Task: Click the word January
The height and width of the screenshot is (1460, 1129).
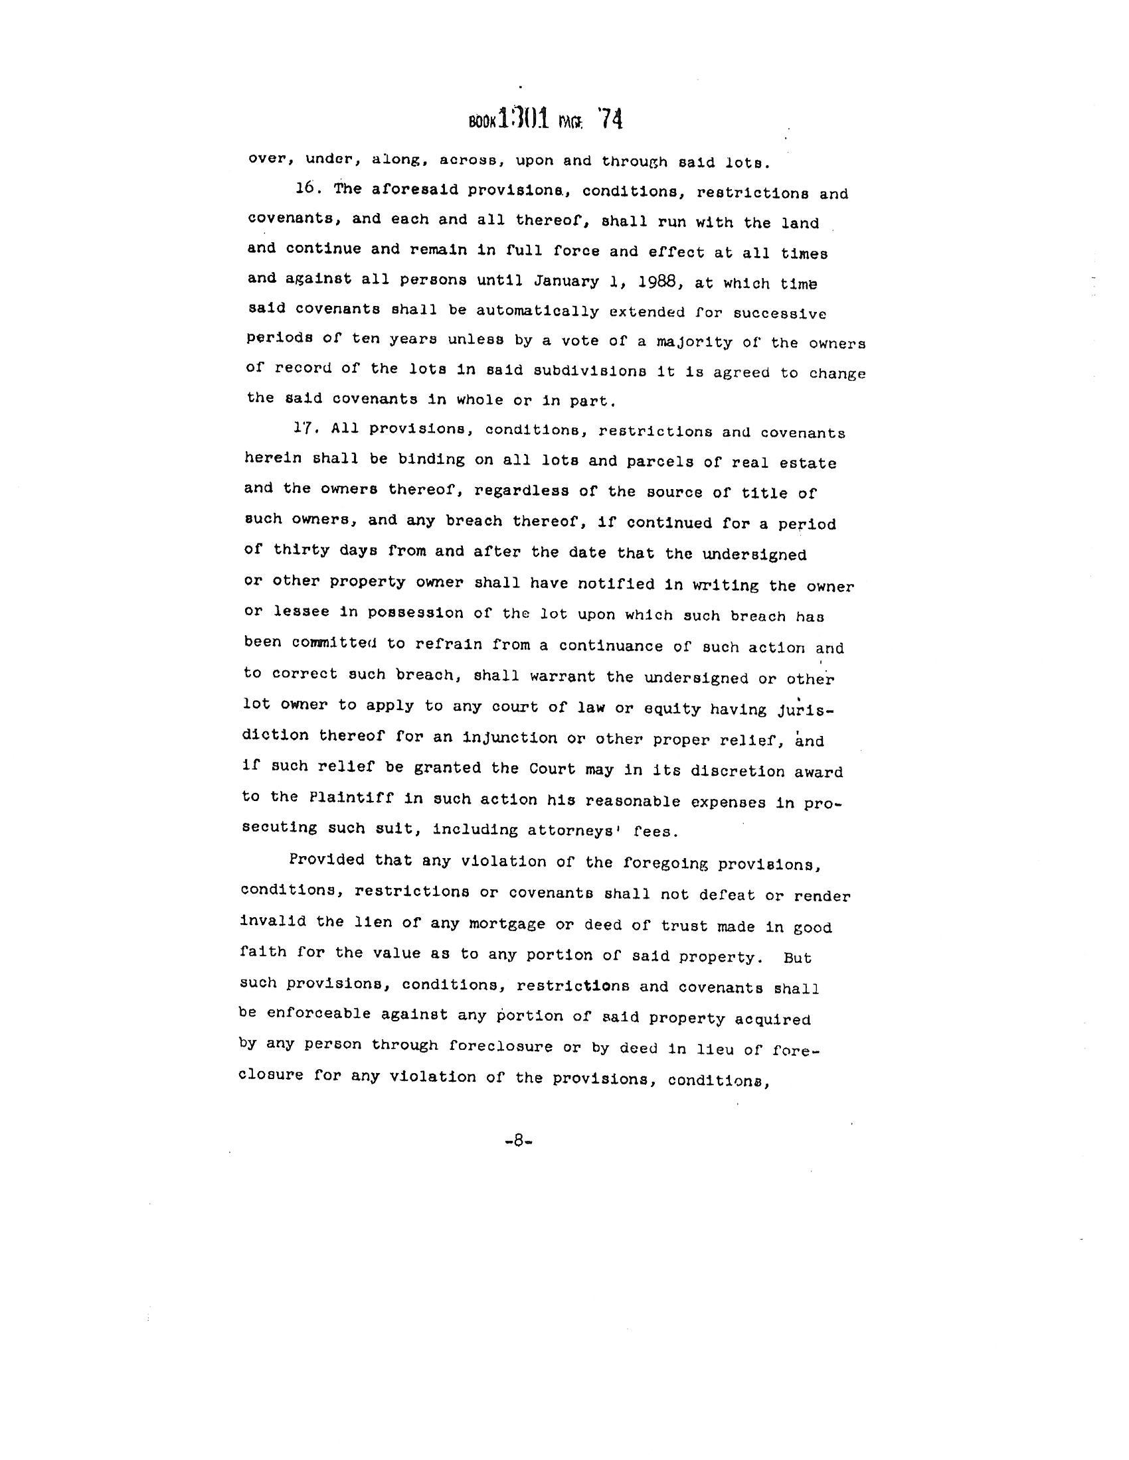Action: pos(566,281)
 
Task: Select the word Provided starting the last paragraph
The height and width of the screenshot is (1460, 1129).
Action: pos(326,859)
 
